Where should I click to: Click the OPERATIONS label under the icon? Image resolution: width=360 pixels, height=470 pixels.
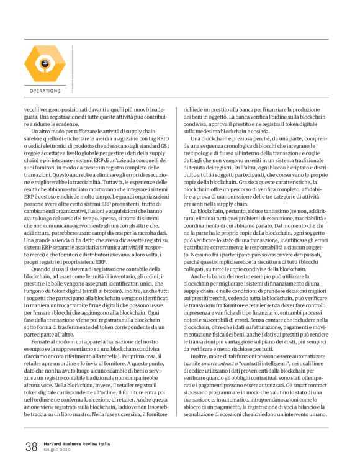click(45, 91)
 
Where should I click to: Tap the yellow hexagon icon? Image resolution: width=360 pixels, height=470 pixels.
click(44, 63)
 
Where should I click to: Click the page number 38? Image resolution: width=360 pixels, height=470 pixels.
click(31, 446)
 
